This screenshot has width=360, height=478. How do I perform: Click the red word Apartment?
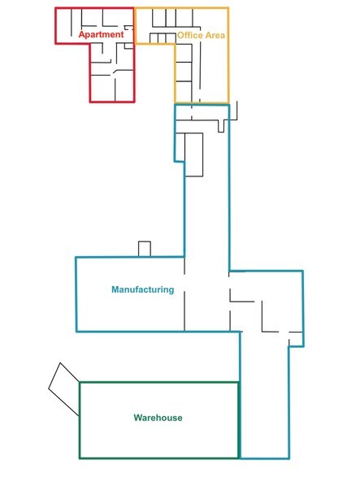(x=102, y=34)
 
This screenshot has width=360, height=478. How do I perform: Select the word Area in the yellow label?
(x=215, y=35)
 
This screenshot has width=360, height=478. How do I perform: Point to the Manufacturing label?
(x=143, y=289)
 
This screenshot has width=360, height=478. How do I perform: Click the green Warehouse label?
(x=158, y=417)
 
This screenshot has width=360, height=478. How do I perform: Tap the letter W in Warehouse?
(x=138, y=417)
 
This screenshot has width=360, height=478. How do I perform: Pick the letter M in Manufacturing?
(x=115, y=289)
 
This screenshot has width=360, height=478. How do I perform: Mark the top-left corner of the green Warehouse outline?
(x=80, y=382)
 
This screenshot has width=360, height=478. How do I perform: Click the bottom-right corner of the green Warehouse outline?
(x=238, y=458)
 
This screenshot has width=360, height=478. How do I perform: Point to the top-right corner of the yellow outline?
(x=228, y=8)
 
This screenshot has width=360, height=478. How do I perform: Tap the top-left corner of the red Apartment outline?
(x=56, y=8)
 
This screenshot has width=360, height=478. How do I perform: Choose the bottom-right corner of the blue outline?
(x=289, y=458)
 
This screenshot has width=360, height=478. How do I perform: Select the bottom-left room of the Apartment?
(x=102, y=89)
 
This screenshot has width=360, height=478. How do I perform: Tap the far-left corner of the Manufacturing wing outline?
(x=76, y=258)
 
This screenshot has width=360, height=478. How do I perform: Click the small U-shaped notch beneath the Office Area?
(x=221, y=126)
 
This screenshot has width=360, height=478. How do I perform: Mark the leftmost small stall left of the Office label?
(x=154, y=38)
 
